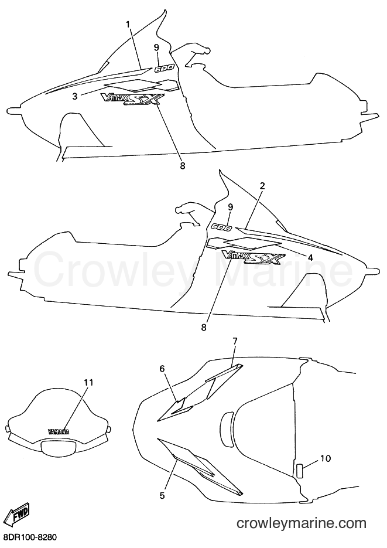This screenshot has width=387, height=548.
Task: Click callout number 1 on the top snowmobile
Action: [128, 25]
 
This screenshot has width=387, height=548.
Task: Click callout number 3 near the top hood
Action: [75, 96]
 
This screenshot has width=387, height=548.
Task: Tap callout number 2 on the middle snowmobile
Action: [262, 186]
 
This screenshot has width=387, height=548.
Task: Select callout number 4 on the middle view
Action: [310, 257]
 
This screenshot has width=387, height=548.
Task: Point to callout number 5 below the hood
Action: [162, 495]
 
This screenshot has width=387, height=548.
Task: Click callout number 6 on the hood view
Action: [162, 369]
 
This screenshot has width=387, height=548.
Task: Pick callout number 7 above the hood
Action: [235, 341]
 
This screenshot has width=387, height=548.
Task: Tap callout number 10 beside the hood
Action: [326, 458]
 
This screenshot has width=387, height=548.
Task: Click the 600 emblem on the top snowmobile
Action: [163, 69]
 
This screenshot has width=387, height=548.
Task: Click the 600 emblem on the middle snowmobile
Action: [221, 227]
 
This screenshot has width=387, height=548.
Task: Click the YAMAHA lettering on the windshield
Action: [58, 431]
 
